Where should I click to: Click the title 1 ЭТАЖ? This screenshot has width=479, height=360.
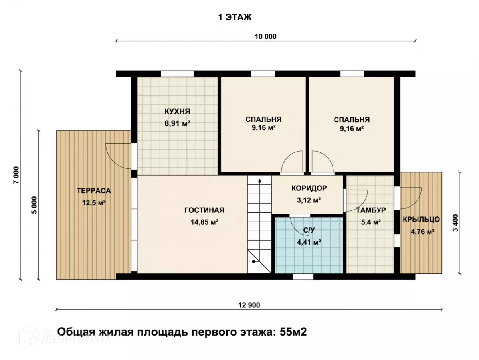(x=235, y=17)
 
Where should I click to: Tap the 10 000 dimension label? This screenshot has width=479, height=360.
(x=265, y=36)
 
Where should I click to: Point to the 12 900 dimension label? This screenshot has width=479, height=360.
(x=249, y=305)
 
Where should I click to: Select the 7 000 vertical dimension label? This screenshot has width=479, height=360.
(x=16, y=175)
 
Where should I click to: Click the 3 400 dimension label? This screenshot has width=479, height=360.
(x=456, y=223)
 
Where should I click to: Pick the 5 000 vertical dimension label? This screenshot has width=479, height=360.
(x=34, y=205)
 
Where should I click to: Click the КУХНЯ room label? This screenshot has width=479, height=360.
(x=177, y=111)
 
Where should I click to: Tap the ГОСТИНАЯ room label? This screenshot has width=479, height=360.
(x=204, y=210)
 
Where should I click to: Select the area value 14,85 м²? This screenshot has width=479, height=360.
(x=204, y=222)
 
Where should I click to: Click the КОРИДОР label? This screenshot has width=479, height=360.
(x=309, y=188)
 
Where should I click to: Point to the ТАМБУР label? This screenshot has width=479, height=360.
(x=371, y=210)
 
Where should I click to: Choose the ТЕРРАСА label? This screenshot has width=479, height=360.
(x=94, y=191)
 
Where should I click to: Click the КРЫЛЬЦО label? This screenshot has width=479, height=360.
(x=421, y=219)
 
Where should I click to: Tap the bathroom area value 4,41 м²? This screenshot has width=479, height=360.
(x=309, y=242)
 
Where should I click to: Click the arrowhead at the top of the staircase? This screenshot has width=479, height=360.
(x=260, y=181)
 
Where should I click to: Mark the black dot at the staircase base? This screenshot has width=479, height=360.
(x=253, y=261)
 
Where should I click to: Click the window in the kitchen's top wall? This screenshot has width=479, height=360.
(x=177, y=74)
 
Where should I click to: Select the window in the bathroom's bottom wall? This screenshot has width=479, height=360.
(x=303, y=277)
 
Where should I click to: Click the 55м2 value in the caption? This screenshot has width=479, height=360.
(x=293, y=332)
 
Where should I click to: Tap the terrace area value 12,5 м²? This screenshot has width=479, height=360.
(x=94, y=203)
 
